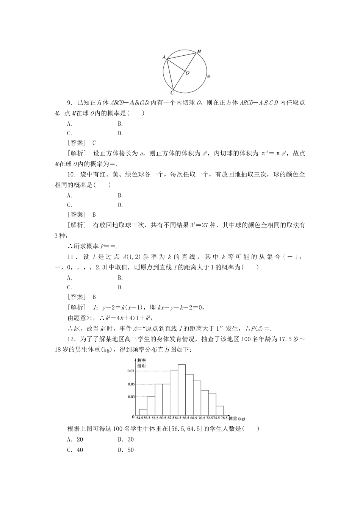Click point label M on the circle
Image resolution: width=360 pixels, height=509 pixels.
199,51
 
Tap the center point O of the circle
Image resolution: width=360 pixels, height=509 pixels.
188,73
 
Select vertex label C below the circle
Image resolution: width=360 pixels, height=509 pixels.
172,92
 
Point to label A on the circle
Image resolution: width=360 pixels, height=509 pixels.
164,57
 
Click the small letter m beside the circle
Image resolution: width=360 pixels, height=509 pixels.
209,77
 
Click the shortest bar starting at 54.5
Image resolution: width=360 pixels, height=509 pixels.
143,412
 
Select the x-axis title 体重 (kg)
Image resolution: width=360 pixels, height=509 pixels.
237,418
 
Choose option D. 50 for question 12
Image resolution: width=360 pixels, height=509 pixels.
126,450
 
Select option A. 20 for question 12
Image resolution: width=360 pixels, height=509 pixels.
75,439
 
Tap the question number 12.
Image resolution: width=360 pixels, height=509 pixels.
70,339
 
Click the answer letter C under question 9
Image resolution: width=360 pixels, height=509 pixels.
94,143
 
